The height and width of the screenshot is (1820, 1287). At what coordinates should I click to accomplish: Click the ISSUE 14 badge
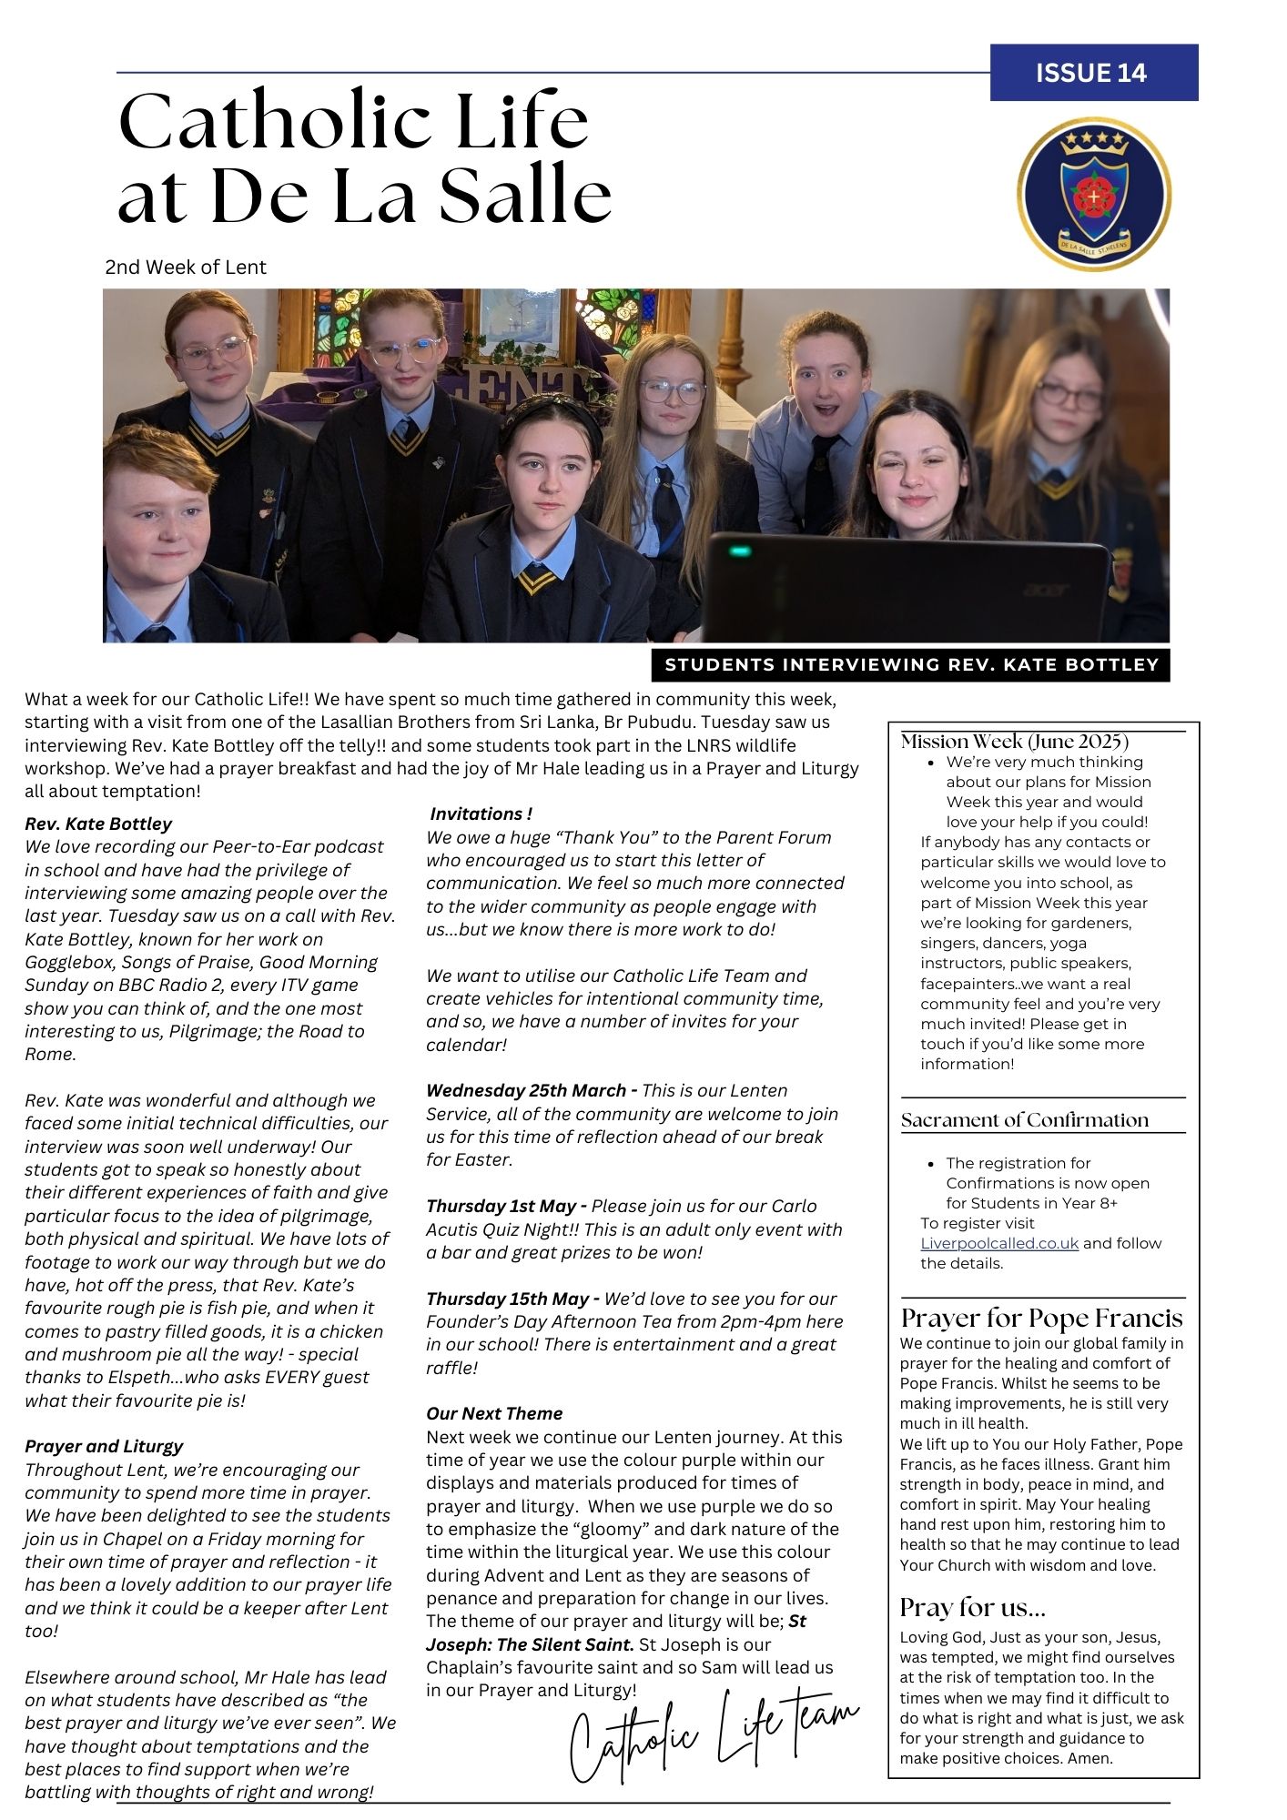coord(1093,73)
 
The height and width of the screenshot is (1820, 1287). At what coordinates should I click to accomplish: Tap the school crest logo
coord(1093,194)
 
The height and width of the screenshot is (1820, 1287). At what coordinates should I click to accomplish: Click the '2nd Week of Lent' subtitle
coord(186,268)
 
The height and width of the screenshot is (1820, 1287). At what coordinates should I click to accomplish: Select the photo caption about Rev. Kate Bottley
coord(911,665)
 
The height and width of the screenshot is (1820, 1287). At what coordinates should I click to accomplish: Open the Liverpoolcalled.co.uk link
coord(998,1243)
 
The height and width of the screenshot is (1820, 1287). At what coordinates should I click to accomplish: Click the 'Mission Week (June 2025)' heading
coord(1014,742)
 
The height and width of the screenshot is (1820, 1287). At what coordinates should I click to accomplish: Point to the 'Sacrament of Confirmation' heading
coord(1024,1120)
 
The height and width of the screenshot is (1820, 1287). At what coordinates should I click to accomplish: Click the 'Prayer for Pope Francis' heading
coord(1041,1319)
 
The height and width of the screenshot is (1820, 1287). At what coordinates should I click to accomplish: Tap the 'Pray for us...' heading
coord(972,1607)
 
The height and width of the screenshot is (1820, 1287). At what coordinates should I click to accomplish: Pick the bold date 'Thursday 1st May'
coord(501,1207)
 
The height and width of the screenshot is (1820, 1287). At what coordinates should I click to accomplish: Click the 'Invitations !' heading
coord(481,814)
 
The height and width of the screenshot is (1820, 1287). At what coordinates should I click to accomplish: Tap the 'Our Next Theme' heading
coord(494,1413)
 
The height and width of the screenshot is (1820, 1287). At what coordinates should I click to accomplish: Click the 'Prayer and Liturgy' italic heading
coord(104,1446)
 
